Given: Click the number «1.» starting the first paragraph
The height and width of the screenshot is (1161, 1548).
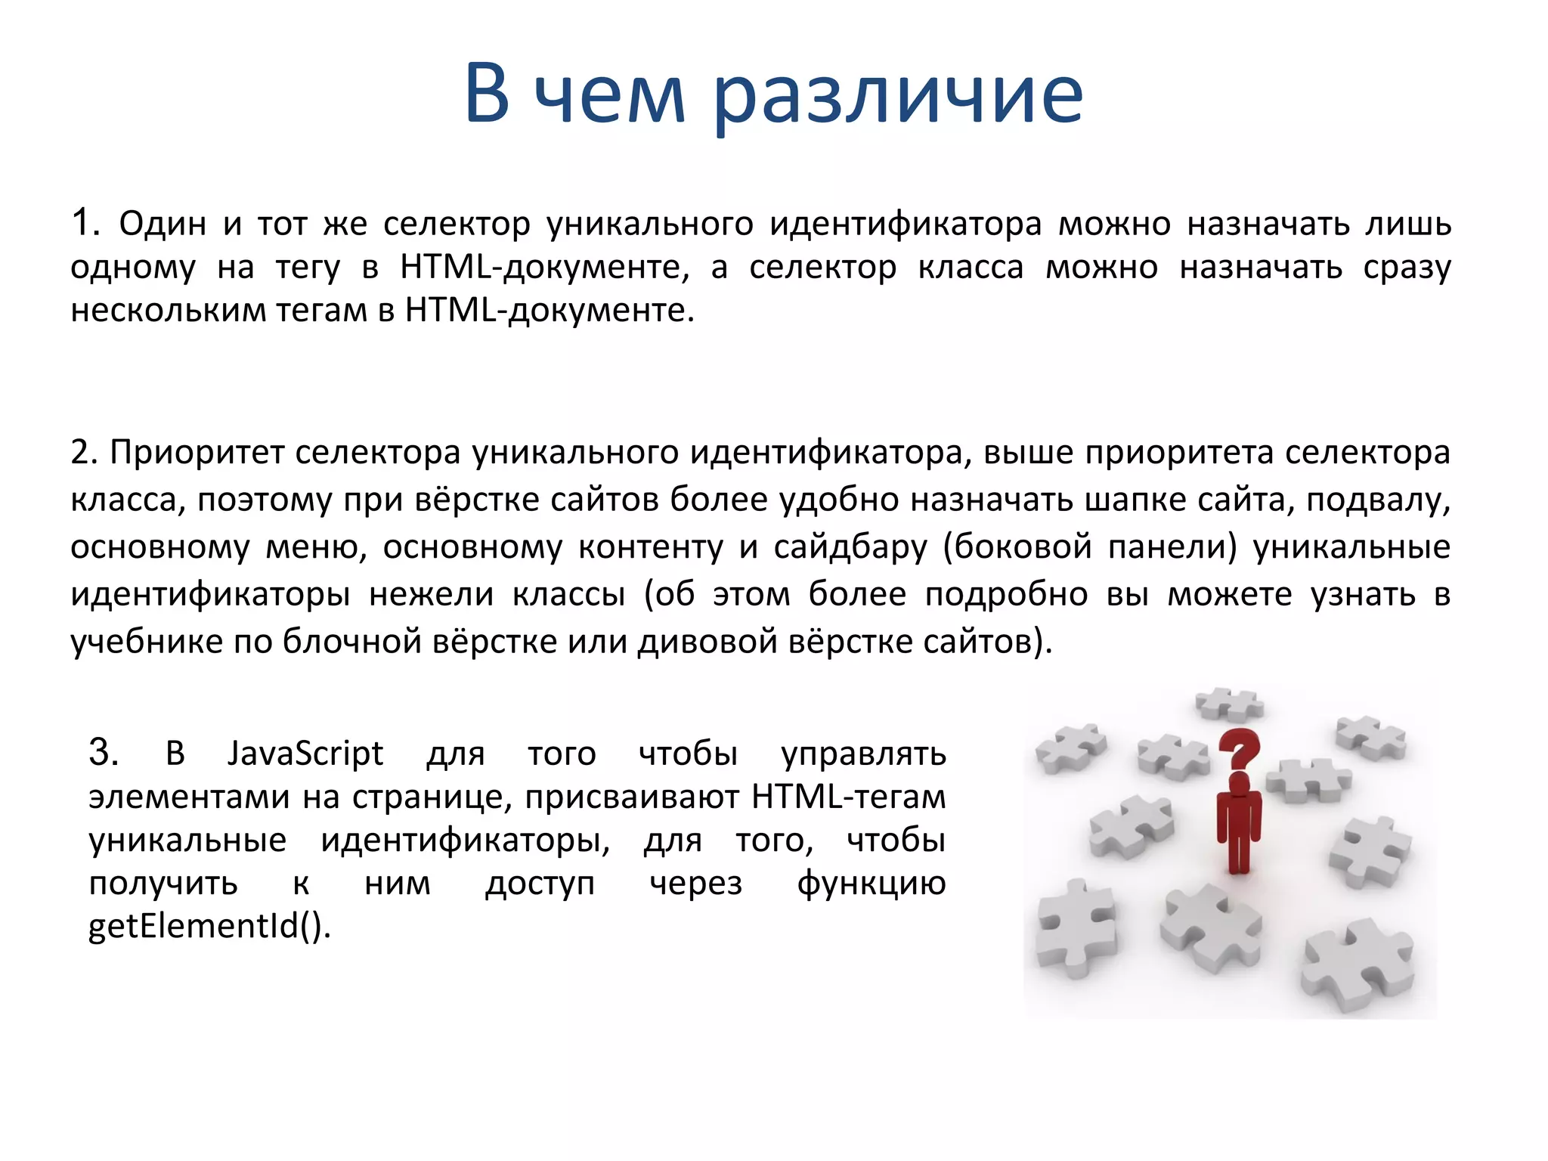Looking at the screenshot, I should pos(85,223).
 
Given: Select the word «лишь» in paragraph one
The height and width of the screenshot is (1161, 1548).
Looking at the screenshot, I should pos(1408,224).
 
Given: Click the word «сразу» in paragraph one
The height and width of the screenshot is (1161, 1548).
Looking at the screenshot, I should pos(1407,268).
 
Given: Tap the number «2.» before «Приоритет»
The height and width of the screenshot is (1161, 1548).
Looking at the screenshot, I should pos(84,452).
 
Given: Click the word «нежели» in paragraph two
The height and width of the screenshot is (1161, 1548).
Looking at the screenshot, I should pos(431,594).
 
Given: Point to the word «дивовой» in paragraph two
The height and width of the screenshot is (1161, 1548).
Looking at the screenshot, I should pos(707,642).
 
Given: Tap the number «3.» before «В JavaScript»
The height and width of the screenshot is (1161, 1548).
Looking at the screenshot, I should pos(104,753).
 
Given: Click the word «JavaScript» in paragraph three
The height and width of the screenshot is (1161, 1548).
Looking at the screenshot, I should pos(305,754).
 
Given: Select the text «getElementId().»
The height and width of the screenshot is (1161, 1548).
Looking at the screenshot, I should pos(209,926).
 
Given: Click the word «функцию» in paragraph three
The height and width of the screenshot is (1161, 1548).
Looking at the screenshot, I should pos(871,883).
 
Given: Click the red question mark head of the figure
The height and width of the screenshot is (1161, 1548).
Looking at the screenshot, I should pos(1239,748).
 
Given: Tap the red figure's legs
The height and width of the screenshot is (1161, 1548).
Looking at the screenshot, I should pos(1238,850).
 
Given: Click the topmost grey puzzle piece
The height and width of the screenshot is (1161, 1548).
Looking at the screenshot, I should pos(1228,704).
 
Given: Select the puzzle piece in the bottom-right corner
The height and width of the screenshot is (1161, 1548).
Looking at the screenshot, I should pos(1358,965).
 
